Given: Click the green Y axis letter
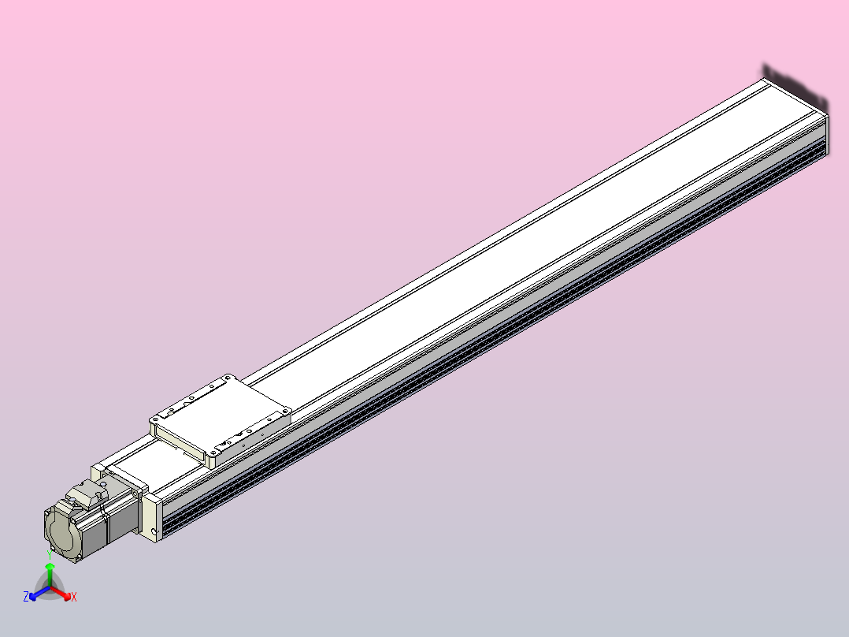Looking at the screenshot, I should point(50,554).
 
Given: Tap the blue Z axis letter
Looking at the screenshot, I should point(25,598).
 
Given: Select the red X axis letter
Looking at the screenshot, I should point(74,598).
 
